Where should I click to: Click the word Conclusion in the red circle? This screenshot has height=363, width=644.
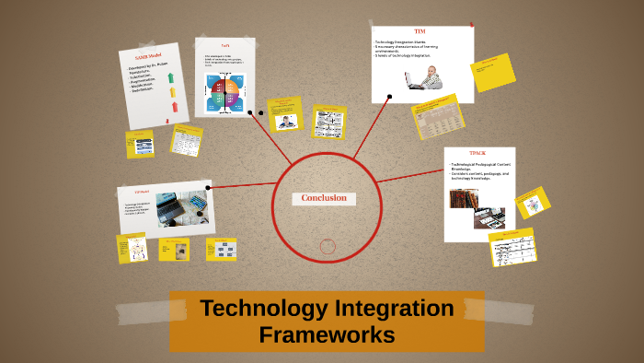point(323,198)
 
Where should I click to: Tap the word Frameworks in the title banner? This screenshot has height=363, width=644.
point(327,334)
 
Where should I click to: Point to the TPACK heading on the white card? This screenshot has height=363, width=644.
point(478,153)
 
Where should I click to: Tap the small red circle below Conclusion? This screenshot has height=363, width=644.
point(328,246)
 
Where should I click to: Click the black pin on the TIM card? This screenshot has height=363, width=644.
point(391,95)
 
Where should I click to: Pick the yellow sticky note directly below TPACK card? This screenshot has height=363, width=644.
point(514,246)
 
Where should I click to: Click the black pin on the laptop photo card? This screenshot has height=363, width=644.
point(209,188)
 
